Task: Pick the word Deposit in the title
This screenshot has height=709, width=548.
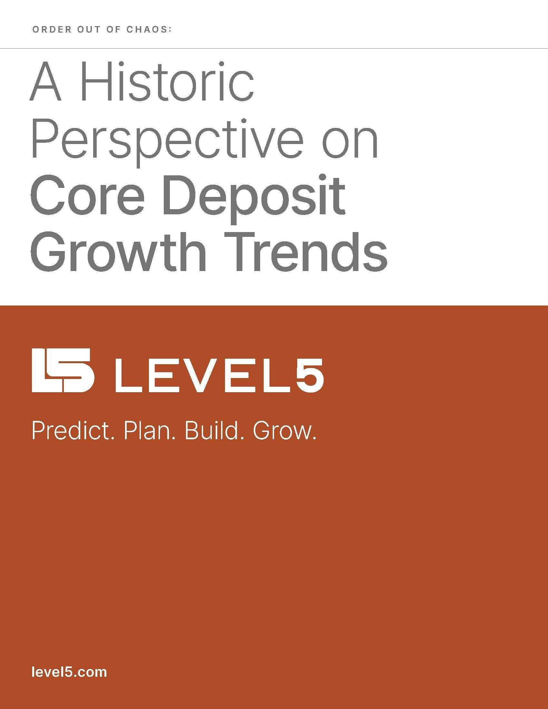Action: tap(253, 197)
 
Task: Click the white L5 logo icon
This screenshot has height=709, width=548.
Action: tap(63, 370)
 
